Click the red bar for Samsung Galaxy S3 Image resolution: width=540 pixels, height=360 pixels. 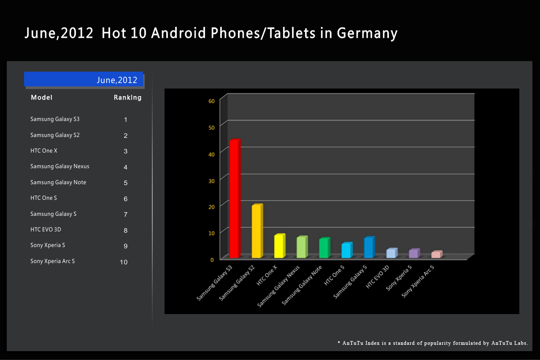pyautogui.click(x=234, y=199)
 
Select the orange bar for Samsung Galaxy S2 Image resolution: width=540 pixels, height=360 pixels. pyautogui.click(x=256, y=231)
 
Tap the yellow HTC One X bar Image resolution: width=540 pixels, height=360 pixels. pyautogui.click(x=279, y=246)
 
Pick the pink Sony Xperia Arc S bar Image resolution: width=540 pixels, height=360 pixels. pyautogui.click(x=436, y=255)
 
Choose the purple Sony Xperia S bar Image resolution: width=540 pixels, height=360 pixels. pyautogui.click(x=413, y=253)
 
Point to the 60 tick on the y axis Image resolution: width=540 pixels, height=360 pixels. pyautogui.click(x=211, y=101)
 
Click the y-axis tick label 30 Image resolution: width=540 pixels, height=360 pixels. pyautogui.click(x=211, y=180)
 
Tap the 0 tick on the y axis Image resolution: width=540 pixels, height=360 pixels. pyautogui.click(x=212, y=259)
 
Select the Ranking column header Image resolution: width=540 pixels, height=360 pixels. pyautogui.click(x=127, y=98)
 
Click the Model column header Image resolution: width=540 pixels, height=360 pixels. pyautogui.click(x=42, y=98)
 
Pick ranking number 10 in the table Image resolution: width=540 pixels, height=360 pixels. pyautogui.click(x=124, y=262)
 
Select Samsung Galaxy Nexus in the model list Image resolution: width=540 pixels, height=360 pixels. pyautogui.click(x=60, y=167)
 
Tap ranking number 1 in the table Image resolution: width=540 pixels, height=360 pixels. pyautogui.click(x=126, y=120)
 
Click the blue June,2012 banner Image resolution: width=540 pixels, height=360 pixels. pyautogui.click(x=84, y=79)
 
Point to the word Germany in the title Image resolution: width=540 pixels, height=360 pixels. pyautogui.click(x=367, y=33)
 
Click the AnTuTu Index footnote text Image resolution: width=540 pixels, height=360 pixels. pyautogui.click(x=433, y=343)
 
